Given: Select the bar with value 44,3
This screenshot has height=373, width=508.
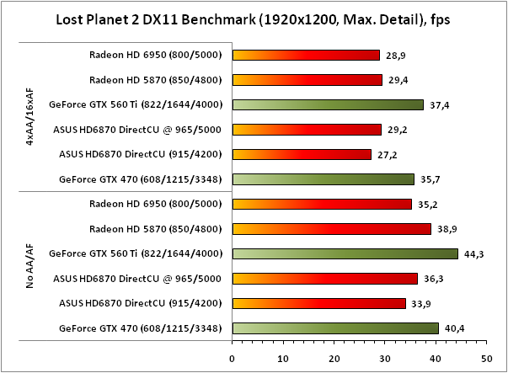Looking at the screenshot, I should (345, 253).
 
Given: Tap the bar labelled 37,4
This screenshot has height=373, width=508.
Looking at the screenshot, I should (328, 104).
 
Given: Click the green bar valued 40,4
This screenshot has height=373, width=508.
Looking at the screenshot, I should (335, 328).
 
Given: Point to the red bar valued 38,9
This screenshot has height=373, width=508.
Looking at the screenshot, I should (331, 228).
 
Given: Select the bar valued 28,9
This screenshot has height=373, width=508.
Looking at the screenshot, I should (306, 55).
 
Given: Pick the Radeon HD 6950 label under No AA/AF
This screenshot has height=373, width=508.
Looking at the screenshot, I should (155, 204).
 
